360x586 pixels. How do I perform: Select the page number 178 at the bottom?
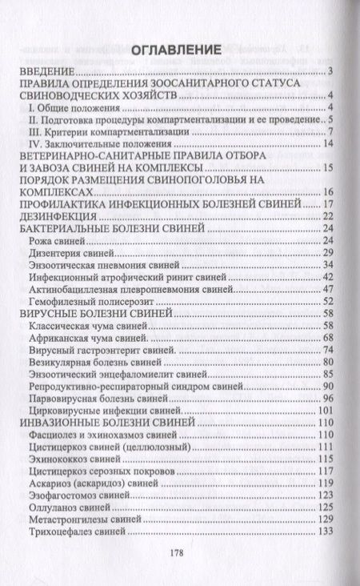coord(181,552)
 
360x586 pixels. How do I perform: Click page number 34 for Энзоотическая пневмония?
coord(326,264)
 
